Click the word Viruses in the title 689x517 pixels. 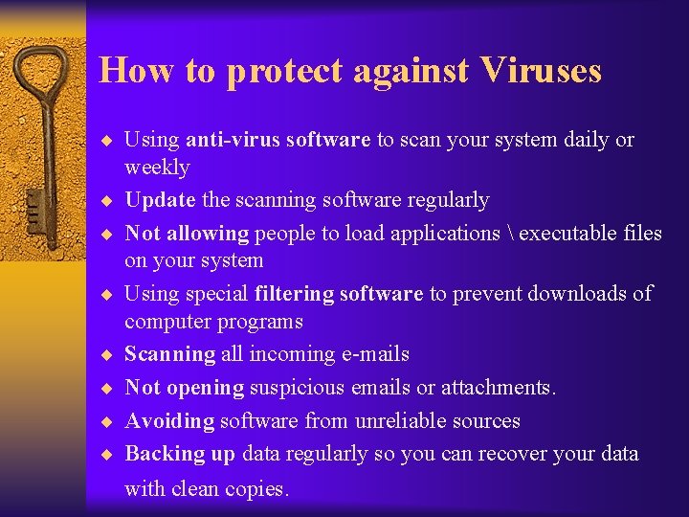pos(542,71)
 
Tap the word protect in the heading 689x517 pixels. pos(283,72)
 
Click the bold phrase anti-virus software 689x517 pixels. pos(278,140)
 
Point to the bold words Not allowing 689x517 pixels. pos(187,233)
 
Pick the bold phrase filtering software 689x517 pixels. pos(339,294)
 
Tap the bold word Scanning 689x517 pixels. pos(170,354)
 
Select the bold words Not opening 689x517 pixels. pos(185,388)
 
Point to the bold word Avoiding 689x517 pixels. pos(169,421)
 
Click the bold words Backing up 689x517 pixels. pos(180,454)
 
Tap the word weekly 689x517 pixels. pos(157,169)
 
